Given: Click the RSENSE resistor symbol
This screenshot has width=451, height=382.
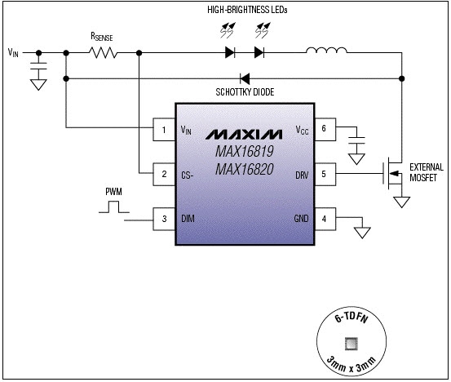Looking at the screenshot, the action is pos(103,53).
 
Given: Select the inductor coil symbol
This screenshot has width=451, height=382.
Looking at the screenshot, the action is pos(326,51).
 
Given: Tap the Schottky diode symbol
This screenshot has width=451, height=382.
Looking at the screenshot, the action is pos(245,78).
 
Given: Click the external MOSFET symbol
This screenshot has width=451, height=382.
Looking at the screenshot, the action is pos(392,173).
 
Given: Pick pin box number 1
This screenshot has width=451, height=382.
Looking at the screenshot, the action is pos(164,130).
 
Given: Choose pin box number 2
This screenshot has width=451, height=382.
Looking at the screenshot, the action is pos(164,174).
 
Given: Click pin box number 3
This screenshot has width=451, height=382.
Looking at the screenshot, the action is pos(164,219).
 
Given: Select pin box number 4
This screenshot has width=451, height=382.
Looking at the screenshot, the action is pos(325,219).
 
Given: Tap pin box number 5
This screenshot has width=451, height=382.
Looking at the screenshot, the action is pos(325,174).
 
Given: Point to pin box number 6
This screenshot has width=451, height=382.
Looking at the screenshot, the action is pos(325,130).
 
